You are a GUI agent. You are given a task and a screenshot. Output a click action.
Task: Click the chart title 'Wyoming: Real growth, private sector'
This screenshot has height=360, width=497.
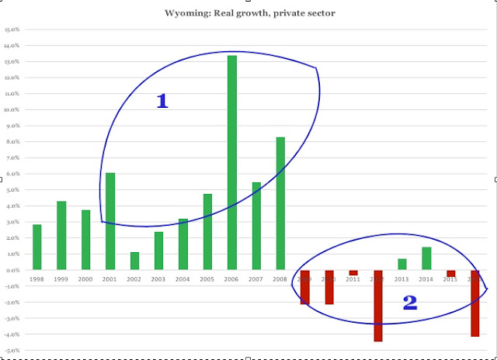coord(248,13)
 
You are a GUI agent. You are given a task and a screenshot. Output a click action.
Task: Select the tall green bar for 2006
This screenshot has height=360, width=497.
coord(232,163)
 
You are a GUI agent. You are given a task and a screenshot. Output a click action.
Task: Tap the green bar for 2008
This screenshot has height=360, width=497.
coord(280,203)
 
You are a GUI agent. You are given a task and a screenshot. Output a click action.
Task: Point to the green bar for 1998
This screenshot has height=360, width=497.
coord(37,247)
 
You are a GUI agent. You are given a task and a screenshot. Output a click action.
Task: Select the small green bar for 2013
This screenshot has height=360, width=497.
coord(401,265)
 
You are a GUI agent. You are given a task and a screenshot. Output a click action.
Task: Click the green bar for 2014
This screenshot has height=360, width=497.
coord(426,258)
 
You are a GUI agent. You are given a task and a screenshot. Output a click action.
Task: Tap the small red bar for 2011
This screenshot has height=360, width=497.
coord(353,273)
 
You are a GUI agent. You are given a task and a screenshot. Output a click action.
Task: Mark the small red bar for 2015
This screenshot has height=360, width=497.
coord(450,273)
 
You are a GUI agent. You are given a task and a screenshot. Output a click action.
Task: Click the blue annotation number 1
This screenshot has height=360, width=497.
coord(162,101)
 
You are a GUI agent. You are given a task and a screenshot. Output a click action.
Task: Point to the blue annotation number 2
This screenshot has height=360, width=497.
coord(410,303)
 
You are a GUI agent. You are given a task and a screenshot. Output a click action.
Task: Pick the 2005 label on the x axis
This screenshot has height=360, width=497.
coord(207,279)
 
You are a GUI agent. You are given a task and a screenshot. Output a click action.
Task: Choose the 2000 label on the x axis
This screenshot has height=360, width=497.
coord(85,279)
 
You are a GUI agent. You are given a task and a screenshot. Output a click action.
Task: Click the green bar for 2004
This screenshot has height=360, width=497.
coord(183,244)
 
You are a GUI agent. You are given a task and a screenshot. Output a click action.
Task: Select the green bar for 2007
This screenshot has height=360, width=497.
coord(256,226)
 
